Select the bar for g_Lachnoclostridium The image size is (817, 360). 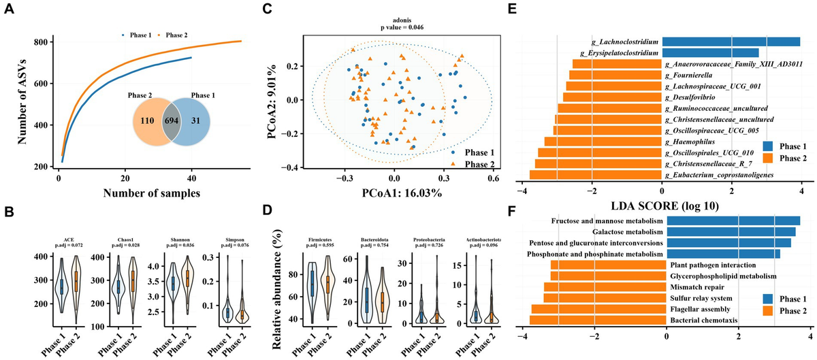[731, 42]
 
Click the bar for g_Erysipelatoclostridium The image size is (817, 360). [710, 53]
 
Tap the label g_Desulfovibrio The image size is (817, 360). [688, 97]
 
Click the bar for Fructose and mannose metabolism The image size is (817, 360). [733, 220]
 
